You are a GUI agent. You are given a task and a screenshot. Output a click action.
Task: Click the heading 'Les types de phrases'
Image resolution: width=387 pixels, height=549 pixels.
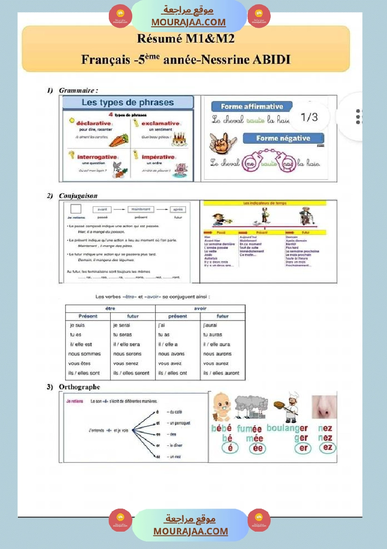(128, 102)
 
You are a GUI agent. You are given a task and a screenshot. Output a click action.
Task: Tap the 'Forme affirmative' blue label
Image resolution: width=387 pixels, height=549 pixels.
(252, 107)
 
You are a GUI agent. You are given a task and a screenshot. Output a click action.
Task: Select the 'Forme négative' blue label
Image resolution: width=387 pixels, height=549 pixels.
(283, 139)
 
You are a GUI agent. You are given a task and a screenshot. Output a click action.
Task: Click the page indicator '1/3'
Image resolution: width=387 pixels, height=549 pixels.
(309, 117)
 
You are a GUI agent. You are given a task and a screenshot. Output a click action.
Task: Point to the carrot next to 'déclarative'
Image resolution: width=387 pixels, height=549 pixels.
(120, 139)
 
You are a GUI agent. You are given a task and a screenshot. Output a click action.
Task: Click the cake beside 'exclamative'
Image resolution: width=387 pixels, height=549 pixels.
(179, 138)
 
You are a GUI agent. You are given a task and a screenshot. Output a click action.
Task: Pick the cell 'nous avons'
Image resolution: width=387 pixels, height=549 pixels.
(171, 354)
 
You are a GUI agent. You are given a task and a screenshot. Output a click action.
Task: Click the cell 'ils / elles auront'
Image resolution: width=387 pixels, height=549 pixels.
(221, 373)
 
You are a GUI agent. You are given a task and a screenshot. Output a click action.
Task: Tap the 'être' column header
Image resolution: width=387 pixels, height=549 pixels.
(110, 309)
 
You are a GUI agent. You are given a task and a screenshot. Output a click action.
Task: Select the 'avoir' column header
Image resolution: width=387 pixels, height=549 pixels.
(200, 309)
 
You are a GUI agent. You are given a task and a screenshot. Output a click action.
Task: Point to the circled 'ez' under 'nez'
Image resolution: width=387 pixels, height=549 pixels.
(327, 448)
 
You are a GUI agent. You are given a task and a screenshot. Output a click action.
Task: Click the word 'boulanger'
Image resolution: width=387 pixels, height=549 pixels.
(287, 428)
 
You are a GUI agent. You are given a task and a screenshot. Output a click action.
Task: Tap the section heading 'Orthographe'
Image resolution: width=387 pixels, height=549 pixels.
(79, 387)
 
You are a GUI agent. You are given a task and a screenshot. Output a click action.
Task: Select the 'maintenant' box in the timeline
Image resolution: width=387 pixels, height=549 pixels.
(140, 209)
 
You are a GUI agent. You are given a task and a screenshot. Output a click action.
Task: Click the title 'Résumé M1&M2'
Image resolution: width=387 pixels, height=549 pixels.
(185, 39)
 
